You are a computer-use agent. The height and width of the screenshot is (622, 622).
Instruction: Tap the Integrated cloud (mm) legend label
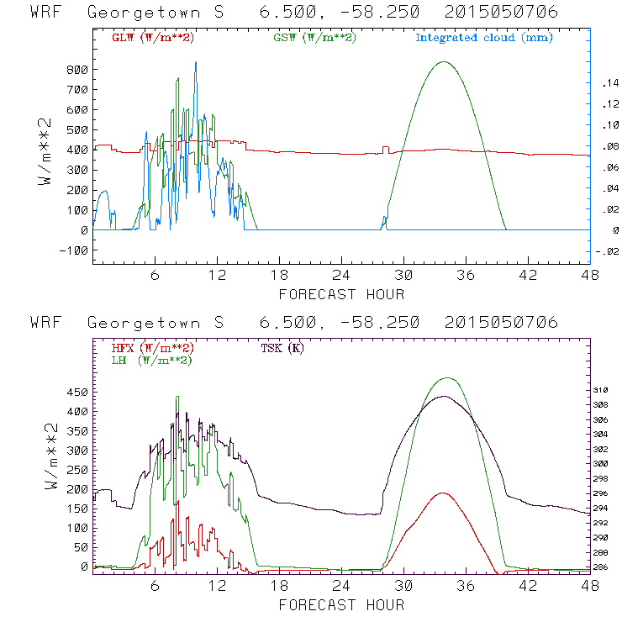[x=484, y=38]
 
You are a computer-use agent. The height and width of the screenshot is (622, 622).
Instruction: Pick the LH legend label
[x=151, y=360]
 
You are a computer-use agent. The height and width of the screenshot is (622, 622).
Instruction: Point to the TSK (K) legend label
[x=282, y=348]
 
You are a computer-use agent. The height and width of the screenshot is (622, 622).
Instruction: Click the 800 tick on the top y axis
[x=76, y=69]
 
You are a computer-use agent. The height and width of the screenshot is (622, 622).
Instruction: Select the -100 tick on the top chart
[x=73, y=250]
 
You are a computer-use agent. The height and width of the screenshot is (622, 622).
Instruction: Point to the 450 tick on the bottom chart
[x=76, y=392]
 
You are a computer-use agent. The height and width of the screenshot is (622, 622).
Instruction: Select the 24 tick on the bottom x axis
[x=341, y=585]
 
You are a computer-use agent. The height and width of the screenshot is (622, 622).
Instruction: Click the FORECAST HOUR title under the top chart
[x=341, y=294]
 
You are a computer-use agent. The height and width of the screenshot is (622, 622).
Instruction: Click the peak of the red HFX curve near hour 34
[x=443, y=493]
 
